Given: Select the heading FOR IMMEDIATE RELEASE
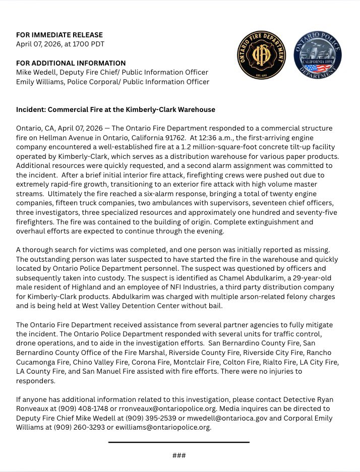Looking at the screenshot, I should point(59,35).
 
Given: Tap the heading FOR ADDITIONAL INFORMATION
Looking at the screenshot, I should point(71,63).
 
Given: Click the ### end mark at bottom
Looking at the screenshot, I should point(179,455).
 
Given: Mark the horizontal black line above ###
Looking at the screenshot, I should point(179,442).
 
